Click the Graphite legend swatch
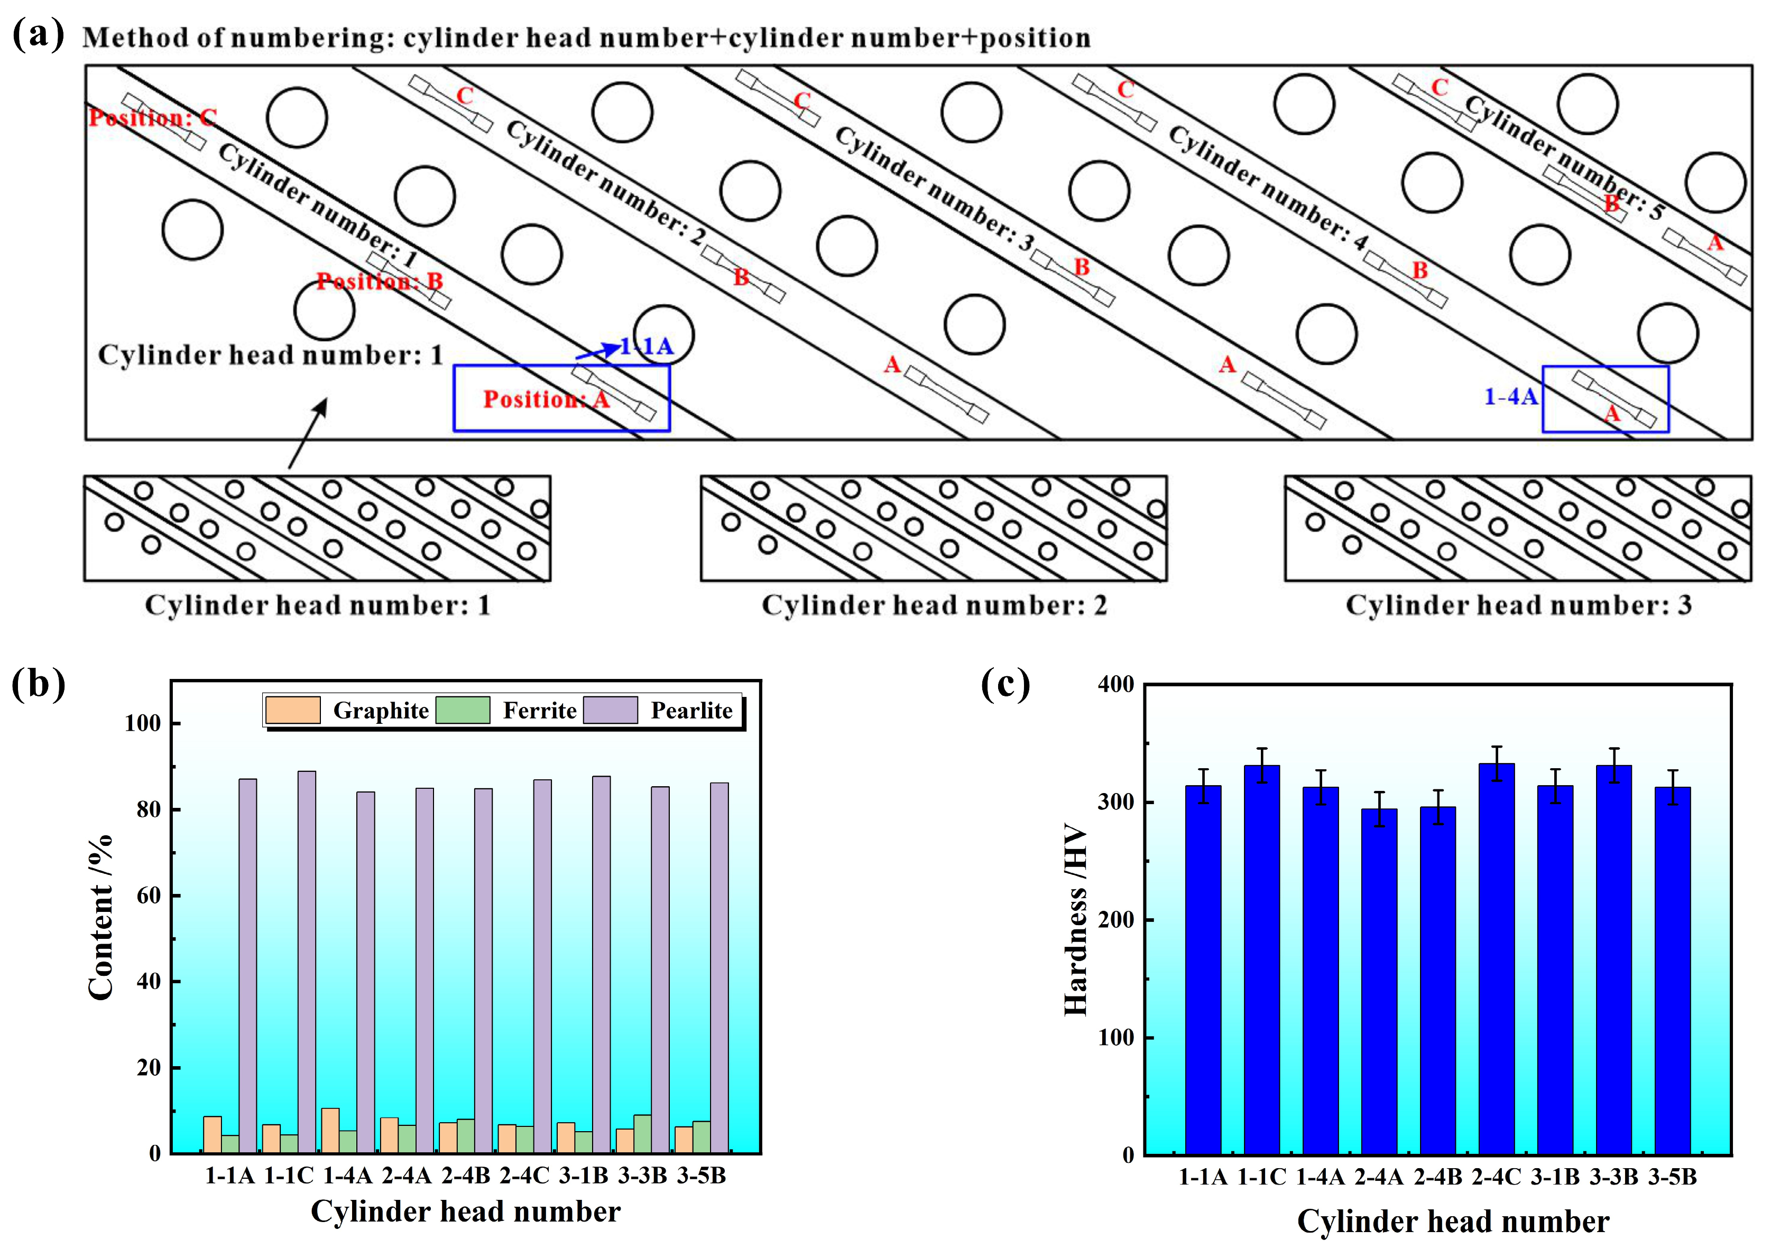click(292, 710)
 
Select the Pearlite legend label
click(691, 710)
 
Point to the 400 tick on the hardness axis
click(1116, 685)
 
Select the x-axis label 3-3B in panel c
click(1613, 1177)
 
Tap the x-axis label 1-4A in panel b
click(347, 1175)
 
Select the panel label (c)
click(1005, 683)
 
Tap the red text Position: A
click(546, 399)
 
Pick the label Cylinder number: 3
click(933, 189)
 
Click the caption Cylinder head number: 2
click(934, 605)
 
